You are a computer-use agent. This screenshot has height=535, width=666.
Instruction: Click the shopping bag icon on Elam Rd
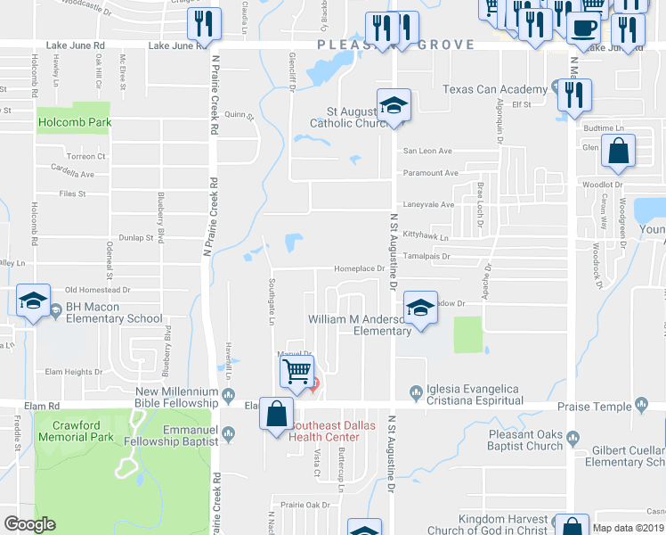277,413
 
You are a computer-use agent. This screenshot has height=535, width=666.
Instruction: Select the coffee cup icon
583,28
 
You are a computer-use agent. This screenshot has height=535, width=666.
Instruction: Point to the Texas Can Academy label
495,89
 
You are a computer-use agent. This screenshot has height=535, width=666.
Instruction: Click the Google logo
29,524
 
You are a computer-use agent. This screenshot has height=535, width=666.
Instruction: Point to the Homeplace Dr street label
358,267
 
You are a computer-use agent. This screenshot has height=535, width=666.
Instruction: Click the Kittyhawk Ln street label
425,238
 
